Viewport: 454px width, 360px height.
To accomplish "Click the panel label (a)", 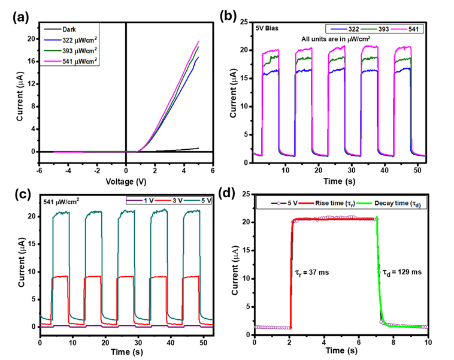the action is pos(21,18).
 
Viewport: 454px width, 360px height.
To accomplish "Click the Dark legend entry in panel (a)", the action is pos(60,29).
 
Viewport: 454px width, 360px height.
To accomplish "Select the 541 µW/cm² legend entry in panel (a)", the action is pos(70,61).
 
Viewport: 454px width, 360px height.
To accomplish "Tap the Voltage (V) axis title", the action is pos(126,181).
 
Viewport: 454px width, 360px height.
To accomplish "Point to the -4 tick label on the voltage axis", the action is pos(68,171).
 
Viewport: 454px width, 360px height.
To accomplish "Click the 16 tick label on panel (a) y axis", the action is pos(31,62).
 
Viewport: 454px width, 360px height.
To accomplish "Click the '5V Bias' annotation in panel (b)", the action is pos(267,28).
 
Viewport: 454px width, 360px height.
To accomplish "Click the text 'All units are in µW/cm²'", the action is pos(336,39).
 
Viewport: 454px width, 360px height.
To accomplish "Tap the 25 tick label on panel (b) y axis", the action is pos(244,22).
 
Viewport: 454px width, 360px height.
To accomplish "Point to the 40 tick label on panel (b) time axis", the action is pos(385,171).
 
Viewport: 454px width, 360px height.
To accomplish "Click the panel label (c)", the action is pos(23,194).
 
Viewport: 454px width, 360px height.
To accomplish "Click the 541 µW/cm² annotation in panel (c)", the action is pos(61,201).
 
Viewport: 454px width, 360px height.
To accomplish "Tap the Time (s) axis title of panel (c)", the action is pos(127,352).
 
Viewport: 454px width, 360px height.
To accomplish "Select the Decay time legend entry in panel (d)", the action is pos(389,204).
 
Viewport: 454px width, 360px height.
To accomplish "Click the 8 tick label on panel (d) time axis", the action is pos(393,343).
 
